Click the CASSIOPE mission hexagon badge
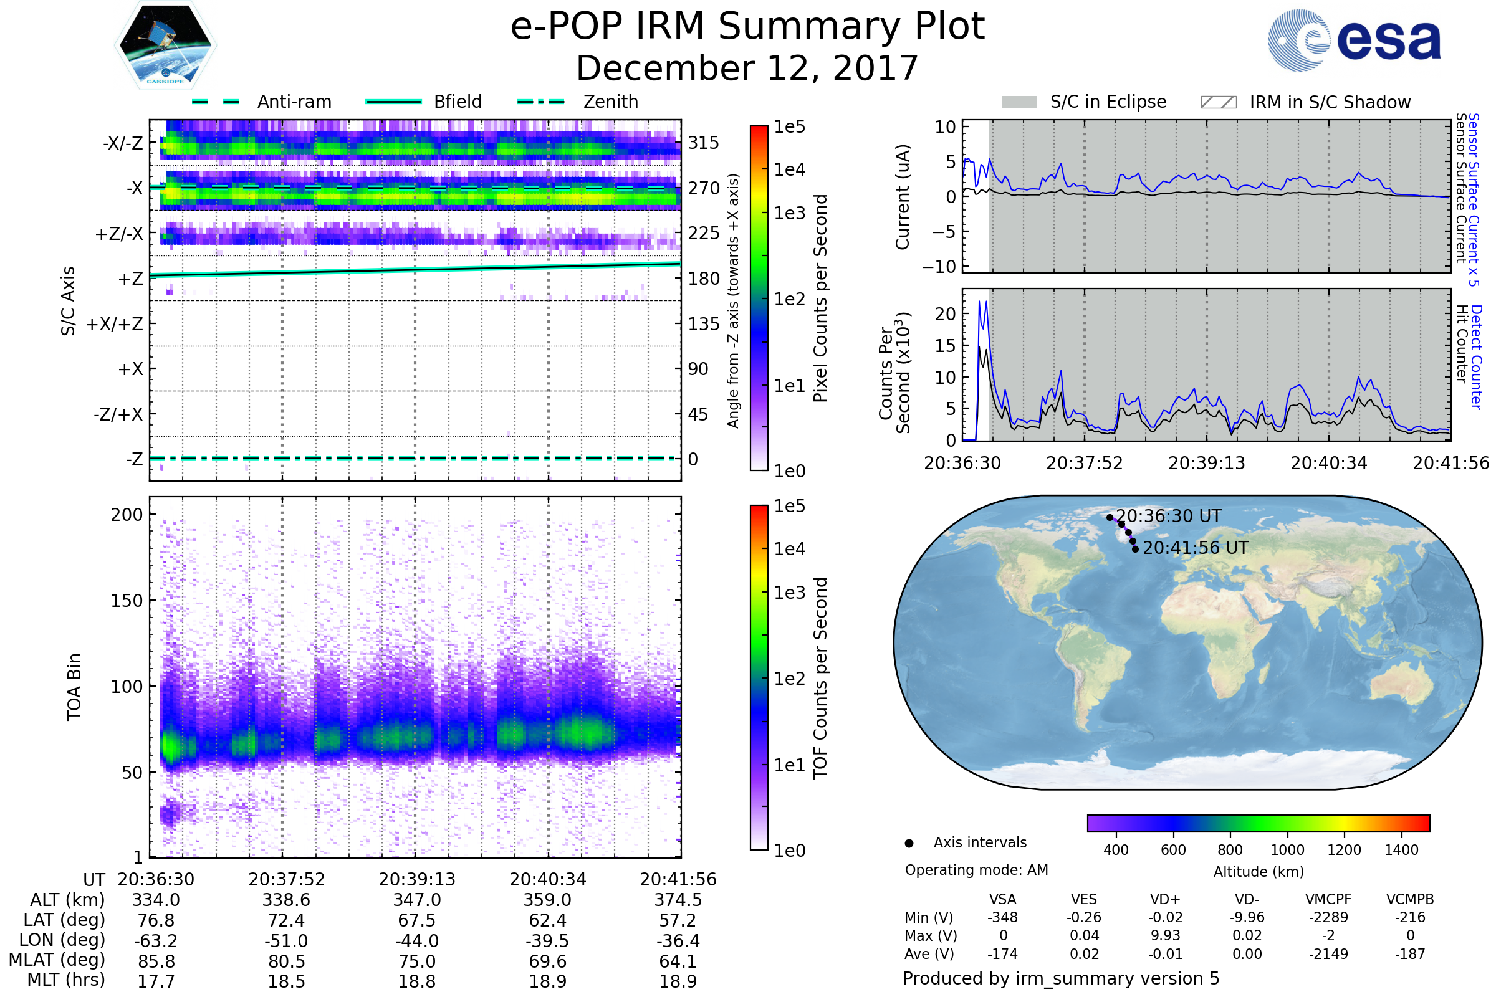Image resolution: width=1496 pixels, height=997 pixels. tap(165, 45)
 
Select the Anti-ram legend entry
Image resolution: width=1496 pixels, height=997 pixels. tap(261, 102)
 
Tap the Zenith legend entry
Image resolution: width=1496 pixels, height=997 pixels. tap(578, 102)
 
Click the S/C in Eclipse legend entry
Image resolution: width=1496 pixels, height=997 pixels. tap(1084, 102)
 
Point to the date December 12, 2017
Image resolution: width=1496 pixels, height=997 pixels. tap(747, 68)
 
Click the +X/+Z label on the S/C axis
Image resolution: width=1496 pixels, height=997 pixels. tap(115, 324)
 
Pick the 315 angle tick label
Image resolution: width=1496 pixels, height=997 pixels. tap(704, 143)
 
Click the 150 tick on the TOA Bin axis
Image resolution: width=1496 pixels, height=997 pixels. tap(127, 601)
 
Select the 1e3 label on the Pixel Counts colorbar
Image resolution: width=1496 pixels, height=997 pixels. tap(789, 213)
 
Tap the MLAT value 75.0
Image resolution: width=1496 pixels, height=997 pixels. tap(416, 961)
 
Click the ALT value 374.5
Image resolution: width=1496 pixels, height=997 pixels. tap(678, 900)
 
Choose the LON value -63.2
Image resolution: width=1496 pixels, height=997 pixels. tap(156, 941)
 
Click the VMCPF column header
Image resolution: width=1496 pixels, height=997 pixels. tap(1328, 899)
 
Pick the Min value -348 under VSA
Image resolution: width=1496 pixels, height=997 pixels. tap(1002, 917)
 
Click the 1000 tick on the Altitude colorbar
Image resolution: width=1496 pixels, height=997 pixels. tap(1287, 850)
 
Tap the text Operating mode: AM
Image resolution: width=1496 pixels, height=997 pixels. tap(976, 870)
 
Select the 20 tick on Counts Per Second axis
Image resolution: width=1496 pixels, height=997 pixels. tap(946, 314)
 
